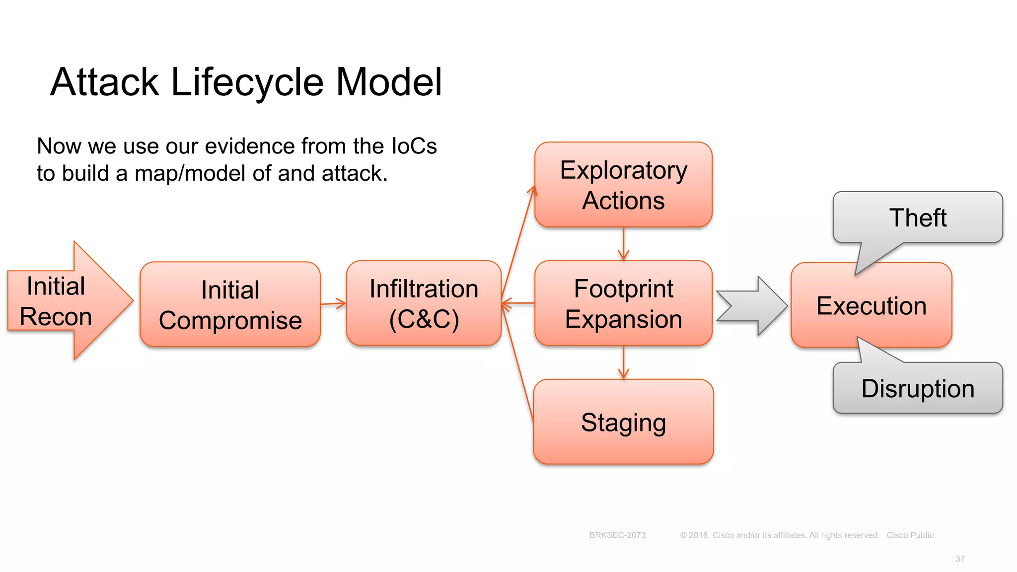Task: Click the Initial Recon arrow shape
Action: (65, 301)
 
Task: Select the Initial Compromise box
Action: (230, 304)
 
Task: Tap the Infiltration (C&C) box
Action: (424, 303)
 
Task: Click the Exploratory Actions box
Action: (623, 185)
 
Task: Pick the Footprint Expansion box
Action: (623, 303)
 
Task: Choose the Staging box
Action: (623, 422)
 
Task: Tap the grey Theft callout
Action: (918, 217)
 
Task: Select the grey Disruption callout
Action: (918, 388)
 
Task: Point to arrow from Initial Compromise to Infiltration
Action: (333, 303)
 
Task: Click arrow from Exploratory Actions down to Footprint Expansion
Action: (623, 244)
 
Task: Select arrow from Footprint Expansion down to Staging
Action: (623, 362)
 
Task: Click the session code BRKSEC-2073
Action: (617, 535)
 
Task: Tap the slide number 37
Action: (960, 559)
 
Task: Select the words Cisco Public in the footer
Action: (910, 535)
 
